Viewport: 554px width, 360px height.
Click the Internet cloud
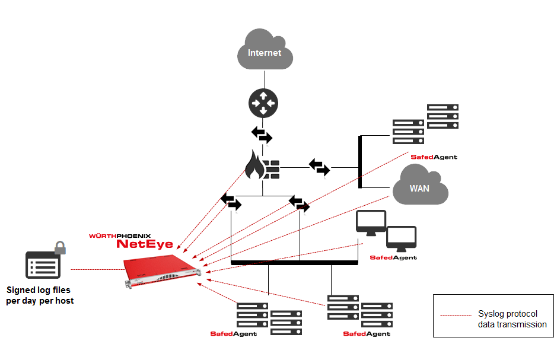264,52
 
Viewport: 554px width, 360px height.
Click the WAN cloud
419,188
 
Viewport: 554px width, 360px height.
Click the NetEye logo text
145,244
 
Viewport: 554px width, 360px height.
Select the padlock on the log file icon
59,247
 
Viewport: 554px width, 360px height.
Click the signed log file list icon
43,265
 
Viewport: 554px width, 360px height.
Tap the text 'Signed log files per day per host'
40,295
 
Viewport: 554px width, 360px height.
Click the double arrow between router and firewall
262,135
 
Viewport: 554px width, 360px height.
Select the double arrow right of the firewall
319,167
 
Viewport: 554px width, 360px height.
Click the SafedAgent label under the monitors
393,257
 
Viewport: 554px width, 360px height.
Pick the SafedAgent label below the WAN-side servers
434,157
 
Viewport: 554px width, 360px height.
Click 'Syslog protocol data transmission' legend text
512,318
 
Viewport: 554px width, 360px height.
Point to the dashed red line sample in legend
457,314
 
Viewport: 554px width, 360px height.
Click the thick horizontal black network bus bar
294,262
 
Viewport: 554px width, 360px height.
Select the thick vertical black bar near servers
360,162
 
